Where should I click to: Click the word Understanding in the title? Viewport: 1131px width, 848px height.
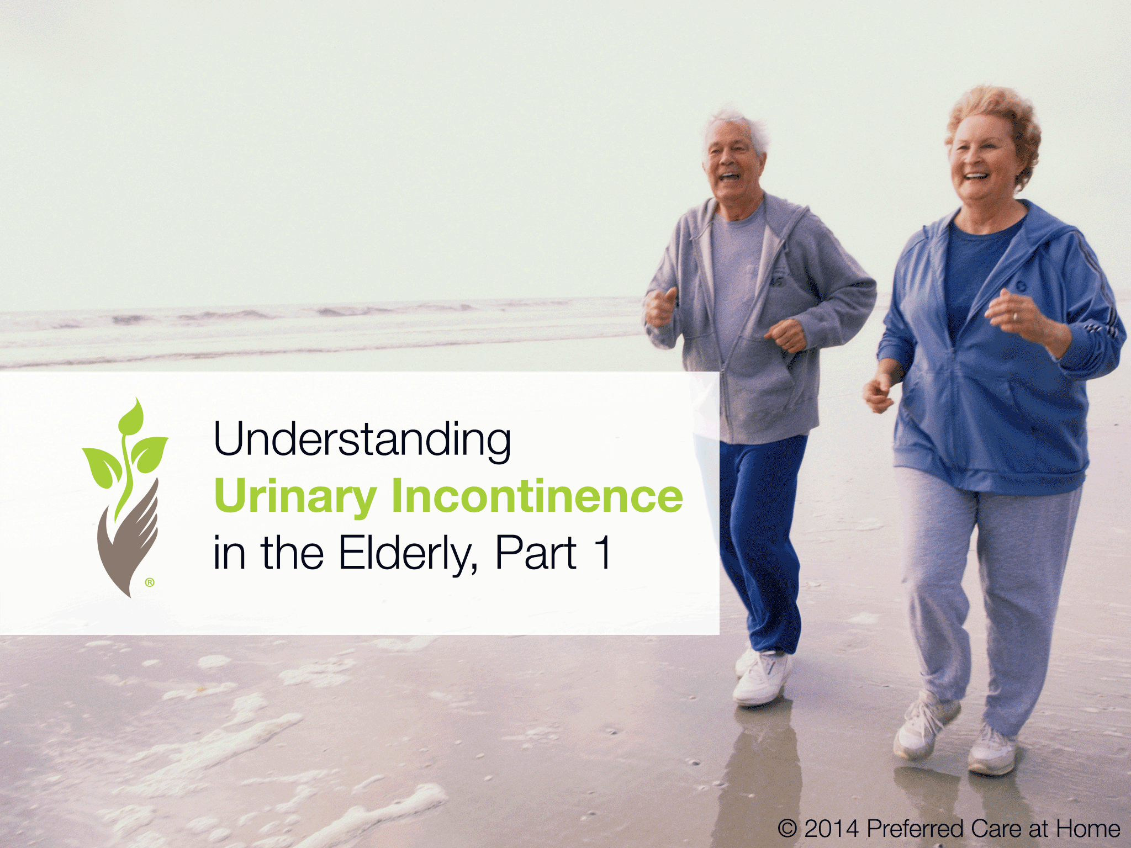click(362, 440)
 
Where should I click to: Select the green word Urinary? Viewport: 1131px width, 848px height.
click(295, 496)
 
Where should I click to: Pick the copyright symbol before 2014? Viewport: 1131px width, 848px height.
click(788, 829)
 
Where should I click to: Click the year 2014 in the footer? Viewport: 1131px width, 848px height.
click(831, 829)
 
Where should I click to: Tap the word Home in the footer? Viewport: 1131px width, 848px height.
click(1088, 829)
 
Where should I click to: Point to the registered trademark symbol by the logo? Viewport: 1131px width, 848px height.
click(150, 582)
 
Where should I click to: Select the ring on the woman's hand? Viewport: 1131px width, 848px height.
click(1015, 316)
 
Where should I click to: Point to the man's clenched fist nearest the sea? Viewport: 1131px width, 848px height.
click(660, 308)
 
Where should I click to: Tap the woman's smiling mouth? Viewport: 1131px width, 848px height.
click(976, 177)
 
